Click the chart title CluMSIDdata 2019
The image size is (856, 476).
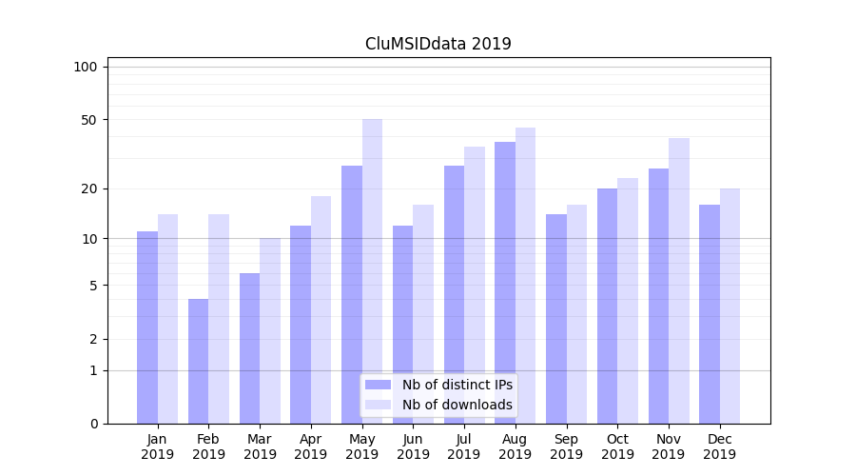(x=438, y=44)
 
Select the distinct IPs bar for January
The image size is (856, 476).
(x=147, y=327)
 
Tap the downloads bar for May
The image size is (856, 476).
(x=372, y=271)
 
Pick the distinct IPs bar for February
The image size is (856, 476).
(x=198, y=362)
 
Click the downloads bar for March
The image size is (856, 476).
(x=270, y=330)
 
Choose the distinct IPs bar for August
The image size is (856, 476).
(x=505, y=283)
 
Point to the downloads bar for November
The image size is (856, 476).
(x=679, y=281)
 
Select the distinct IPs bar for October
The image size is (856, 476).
(x=607, y=306)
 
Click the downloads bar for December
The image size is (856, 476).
(x=730, y=306)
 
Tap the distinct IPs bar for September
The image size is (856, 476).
(x=556, y=319)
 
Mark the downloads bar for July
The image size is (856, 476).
(x=475, y=285)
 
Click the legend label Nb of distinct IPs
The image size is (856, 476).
(x=457, y=385)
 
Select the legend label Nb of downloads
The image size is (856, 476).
(x=457, y=405)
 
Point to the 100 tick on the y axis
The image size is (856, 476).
(x=86, y=67)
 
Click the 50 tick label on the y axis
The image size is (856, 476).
(x=89, y=120)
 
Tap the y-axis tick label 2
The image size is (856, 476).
(x=93, y=339)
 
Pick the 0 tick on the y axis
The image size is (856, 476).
(x=93, y=424)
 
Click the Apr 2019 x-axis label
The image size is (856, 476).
(x=311, y=446)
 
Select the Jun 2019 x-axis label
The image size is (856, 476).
(x=413, y=446)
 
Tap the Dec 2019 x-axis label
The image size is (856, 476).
(x=719, y=446)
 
